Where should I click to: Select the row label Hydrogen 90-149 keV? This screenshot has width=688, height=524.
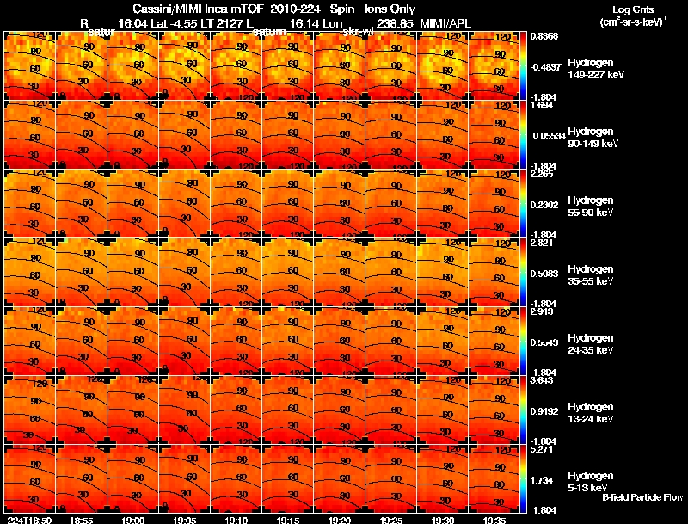coord(593,138)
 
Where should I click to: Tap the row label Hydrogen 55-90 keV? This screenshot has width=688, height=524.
coord(593,207)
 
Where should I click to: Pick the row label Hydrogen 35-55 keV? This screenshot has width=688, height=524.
coord(593,275)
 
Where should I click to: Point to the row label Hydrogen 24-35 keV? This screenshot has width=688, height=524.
coord(593,344)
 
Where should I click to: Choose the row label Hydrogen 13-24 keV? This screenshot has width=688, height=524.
coord(593,413)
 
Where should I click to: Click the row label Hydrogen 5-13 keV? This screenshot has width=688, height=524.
coord(593,481)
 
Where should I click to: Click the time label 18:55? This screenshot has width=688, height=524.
coord(82,520)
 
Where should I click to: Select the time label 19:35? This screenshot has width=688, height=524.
coord(494,520)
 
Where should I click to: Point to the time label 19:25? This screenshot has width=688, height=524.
coord(391,520)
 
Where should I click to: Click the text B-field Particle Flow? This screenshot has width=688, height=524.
coord(642,497)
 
